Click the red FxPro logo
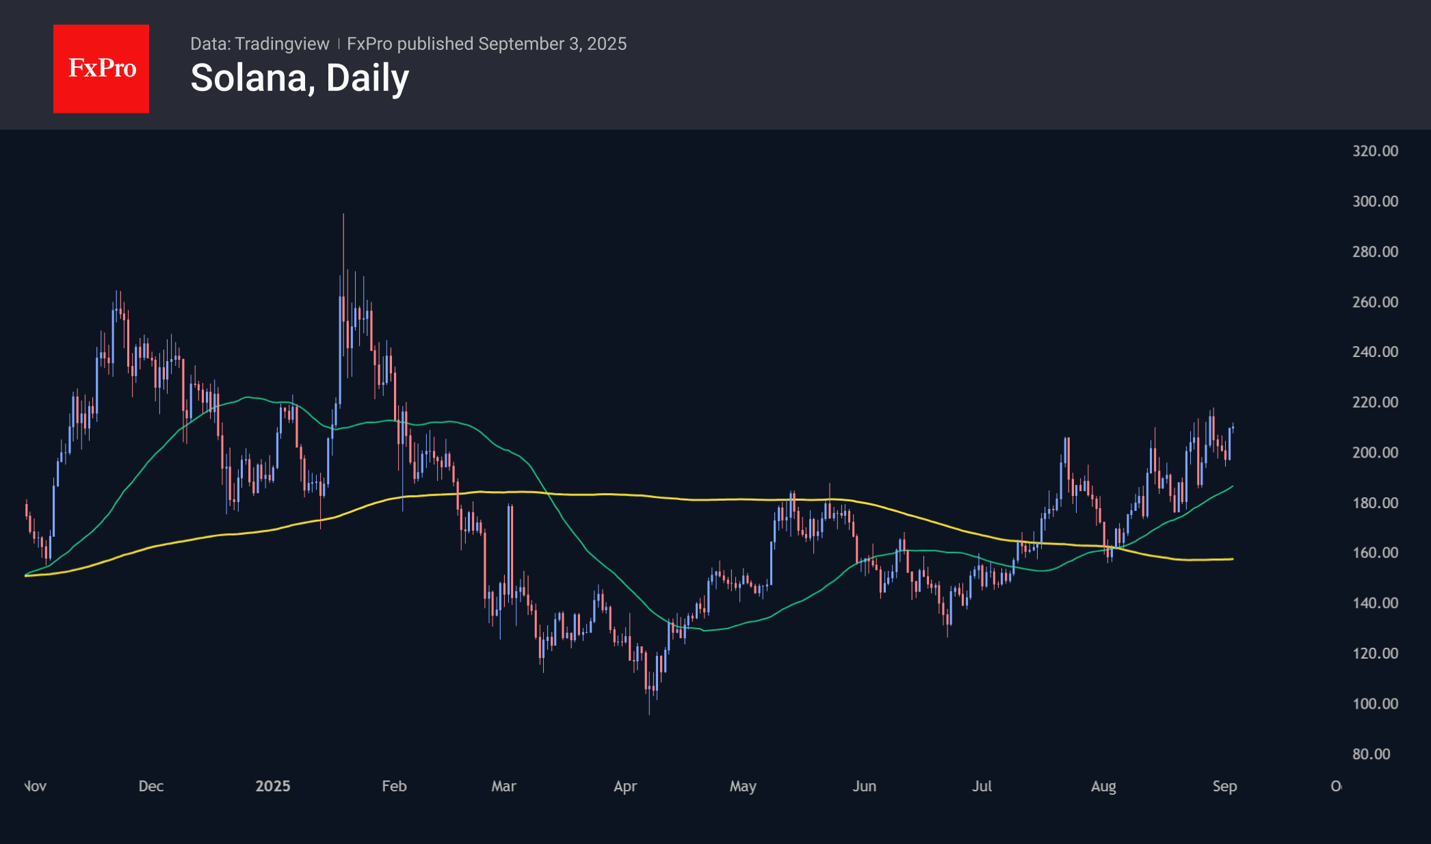[x=101, y=68]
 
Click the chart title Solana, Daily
[x=300, y=78]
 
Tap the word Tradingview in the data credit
[x=282, y=44]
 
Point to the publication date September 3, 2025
[x=552, y=44]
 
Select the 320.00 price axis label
[x=1375, y=151]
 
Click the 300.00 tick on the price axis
[x=1375, y=201]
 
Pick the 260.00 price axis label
[x=1375, y=302]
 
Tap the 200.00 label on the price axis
[x=1375, y=452]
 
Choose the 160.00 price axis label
[x=1375, y=553]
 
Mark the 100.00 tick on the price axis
[x=1375, y=703]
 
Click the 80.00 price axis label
[x=1371, y=754]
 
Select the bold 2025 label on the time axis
[x=272, y=786]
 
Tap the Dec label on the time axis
[x=150, y=786]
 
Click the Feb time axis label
[x=394, y=786]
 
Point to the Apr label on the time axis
[x=625, y=786]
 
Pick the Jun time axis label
[x=864, y=786]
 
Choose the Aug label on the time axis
[x=1103, y=786]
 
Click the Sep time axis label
[x=1224, y=786]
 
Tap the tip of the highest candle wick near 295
[x=343, y=215]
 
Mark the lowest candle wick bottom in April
[x=649, y=714]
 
